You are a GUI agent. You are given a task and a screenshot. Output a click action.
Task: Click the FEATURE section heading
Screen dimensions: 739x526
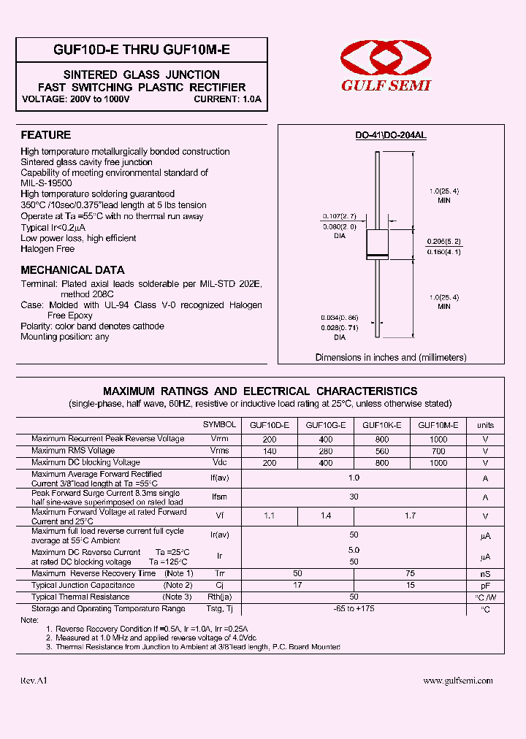[45, 135]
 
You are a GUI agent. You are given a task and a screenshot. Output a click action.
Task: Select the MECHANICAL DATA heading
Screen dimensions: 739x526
[72, 269]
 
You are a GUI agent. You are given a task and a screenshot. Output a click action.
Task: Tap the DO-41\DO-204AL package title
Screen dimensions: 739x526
[391, 136]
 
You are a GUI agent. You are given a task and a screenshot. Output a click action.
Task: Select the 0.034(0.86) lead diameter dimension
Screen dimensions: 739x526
[339, 318]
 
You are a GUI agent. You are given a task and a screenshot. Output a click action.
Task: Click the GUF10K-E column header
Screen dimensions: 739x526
[381, 425]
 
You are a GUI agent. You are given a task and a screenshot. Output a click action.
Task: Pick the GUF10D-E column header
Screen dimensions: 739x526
[270, 425]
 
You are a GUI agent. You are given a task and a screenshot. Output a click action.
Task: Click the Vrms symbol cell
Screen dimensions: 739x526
[219, 451]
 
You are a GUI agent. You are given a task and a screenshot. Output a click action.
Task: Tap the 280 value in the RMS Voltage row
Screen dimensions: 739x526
[326, 451]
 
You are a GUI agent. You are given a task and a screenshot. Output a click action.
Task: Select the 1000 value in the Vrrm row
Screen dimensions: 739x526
[438, 439]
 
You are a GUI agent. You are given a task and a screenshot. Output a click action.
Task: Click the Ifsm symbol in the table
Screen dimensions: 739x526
[219, 497]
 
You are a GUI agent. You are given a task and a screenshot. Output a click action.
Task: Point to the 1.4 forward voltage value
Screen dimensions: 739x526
[326, 516]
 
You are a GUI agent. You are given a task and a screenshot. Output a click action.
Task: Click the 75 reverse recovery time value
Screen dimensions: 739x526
[410, 574]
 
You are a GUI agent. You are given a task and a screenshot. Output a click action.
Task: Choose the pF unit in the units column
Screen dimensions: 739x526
[485, 586]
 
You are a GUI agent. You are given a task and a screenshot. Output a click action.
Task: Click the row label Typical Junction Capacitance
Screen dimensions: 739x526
[83, 586]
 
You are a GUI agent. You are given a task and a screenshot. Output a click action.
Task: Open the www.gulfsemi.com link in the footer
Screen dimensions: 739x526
[458, 681]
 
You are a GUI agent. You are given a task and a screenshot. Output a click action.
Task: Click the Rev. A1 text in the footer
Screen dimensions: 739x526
[34, 681]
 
